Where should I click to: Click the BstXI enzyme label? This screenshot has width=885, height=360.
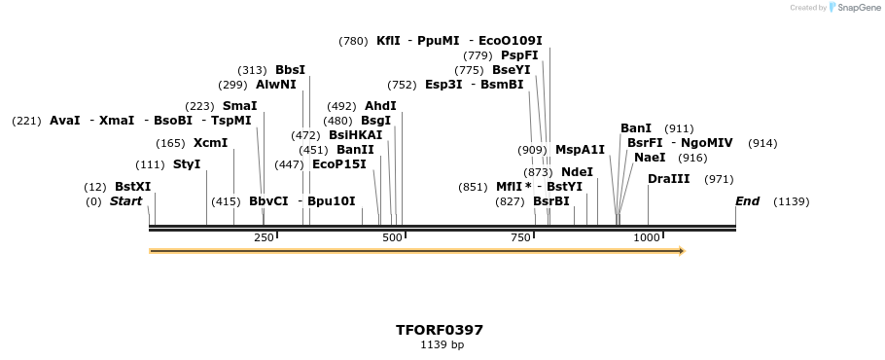pos(133,187)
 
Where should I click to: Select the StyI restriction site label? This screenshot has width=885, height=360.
pos(187,164)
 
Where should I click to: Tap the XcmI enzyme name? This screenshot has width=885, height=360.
pos(210,143)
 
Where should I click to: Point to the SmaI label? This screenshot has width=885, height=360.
pos(240,106)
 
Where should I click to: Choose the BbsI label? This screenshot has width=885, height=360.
pos(290,70)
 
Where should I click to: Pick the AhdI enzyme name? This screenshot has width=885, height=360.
pos(380,106)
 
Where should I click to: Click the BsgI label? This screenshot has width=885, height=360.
pos(375,121)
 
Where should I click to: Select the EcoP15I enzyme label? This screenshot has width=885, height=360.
pos(339,164)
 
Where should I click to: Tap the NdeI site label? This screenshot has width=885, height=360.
pos(577,172)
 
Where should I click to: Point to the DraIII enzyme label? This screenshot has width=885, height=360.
pos(669,179)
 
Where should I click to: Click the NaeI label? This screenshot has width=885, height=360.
pos(650,158)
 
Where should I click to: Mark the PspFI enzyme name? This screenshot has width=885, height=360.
pos(519,55)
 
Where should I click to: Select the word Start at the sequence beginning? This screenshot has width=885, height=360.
pos(125,201)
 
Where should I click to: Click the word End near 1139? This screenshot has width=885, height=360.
pos(747,201)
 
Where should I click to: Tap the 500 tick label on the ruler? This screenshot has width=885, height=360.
pos(393,238)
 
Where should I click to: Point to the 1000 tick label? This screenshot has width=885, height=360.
pos(648,238)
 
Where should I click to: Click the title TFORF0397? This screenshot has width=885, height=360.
pos(440,330)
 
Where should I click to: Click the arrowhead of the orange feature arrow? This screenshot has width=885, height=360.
pos(682,251)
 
